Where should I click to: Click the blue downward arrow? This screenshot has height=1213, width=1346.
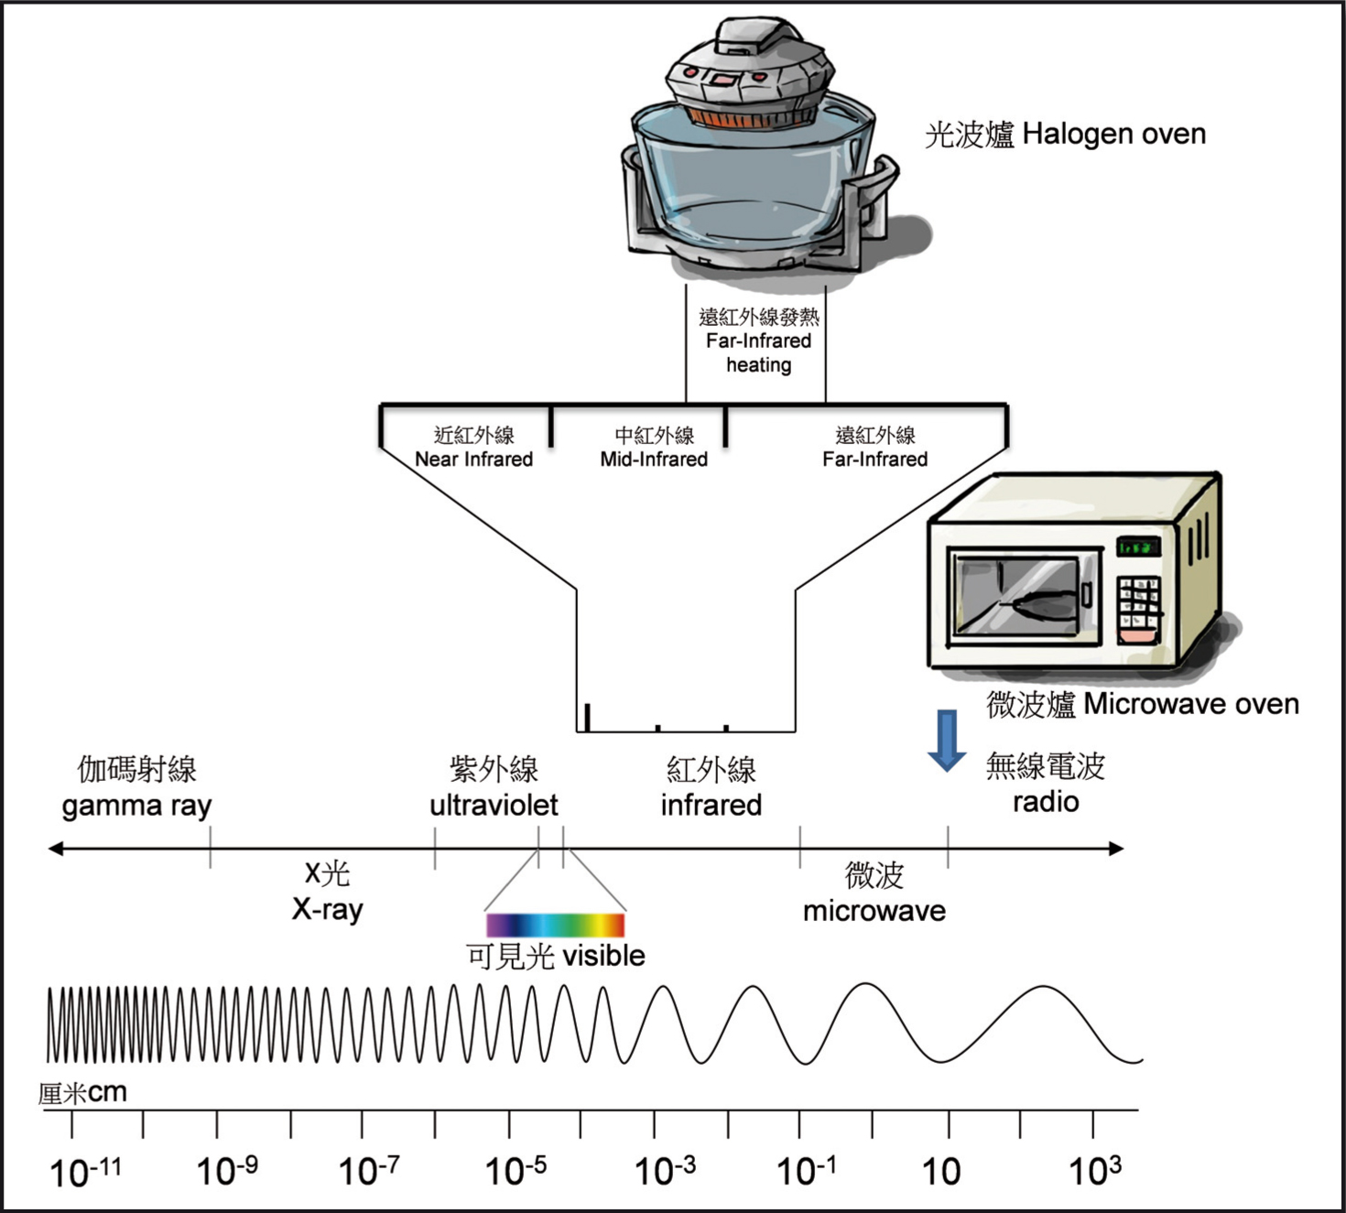coord(947,739)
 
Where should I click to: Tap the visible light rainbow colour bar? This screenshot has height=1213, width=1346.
coord(555,924)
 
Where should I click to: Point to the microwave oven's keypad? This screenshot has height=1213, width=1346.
coord(1138,600)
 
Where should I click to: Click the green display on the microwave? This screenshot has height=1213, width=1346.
coord(1138,547)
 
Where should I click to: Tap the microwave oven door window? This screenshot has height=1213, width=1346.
coord(1016,596)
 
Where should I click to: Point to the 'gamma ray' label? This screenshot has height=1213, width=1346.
coord(136,806)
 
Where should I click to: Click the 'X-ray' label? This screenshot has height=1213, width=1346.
coord(327,909)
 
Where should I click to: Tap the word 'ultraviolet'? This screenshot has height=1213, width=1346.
coord(494,805)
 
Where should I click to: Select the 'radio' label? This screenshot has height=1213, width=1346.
coord(1046,802)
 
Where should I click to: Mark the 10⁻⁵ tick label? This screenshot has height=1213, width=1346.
coord(516,1170)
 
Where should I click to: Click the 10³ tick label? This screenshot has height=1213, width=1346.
coord(1094,1170)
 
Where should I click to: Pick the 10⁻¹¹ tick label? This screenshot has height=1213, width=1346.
coord(84,1171)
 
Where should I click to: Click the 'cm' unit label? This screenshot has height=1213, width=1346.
coord(107,1092)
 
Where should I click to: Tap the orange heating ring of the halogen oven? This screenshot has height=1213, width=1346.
coord(751,117)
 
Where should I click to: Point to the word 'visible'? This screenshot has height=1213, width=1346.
coord(603,956)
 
